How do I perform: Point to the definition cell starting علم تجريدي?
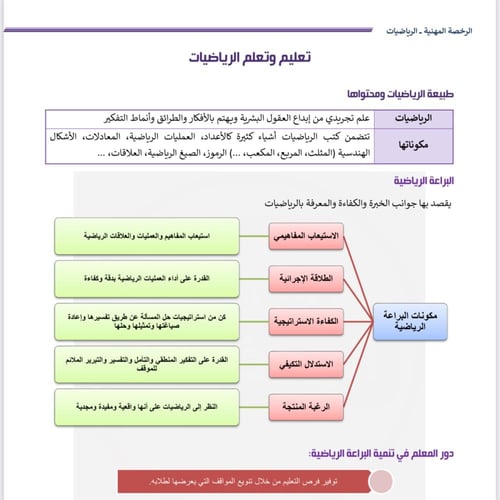click(x=270, y=116)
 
